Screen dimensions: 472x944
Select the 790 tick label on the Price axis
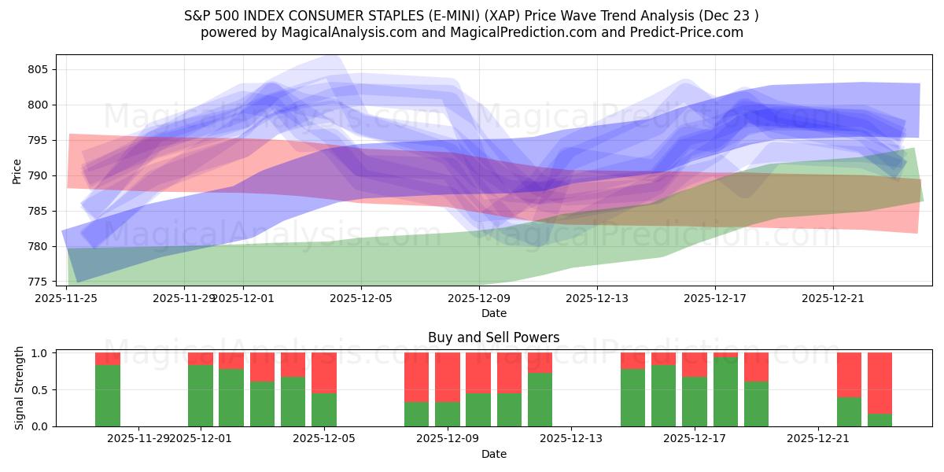[x=39, y=175]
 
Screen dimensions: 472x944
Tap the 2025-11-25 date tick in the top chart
[x=67, y=297]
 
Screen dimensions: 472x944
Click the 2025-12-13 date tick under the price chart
[x=596, y=297]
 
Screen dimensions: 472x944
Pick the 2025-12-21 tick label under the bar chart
[x=819, y=438]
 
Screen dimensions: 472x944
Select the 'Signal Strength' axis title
[x=20, y=389]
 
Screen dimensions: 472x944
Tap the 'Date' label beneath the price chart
[x=494, y=313]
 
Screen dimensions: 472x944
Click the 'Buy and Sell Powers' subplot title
[x=494, y=337]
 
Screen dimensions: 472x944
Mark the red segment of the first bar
[x=108, y=359]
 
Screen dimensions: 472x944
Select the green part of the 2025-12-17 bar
[x=695, y=402]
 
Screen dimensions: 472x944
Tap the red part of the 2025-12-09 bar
[x=448, y=378]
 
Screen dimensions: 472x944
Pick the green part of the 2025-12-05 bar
[x=324, y=410]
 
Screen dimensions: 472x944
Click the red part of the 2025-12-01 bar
[x=201, y=359]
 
